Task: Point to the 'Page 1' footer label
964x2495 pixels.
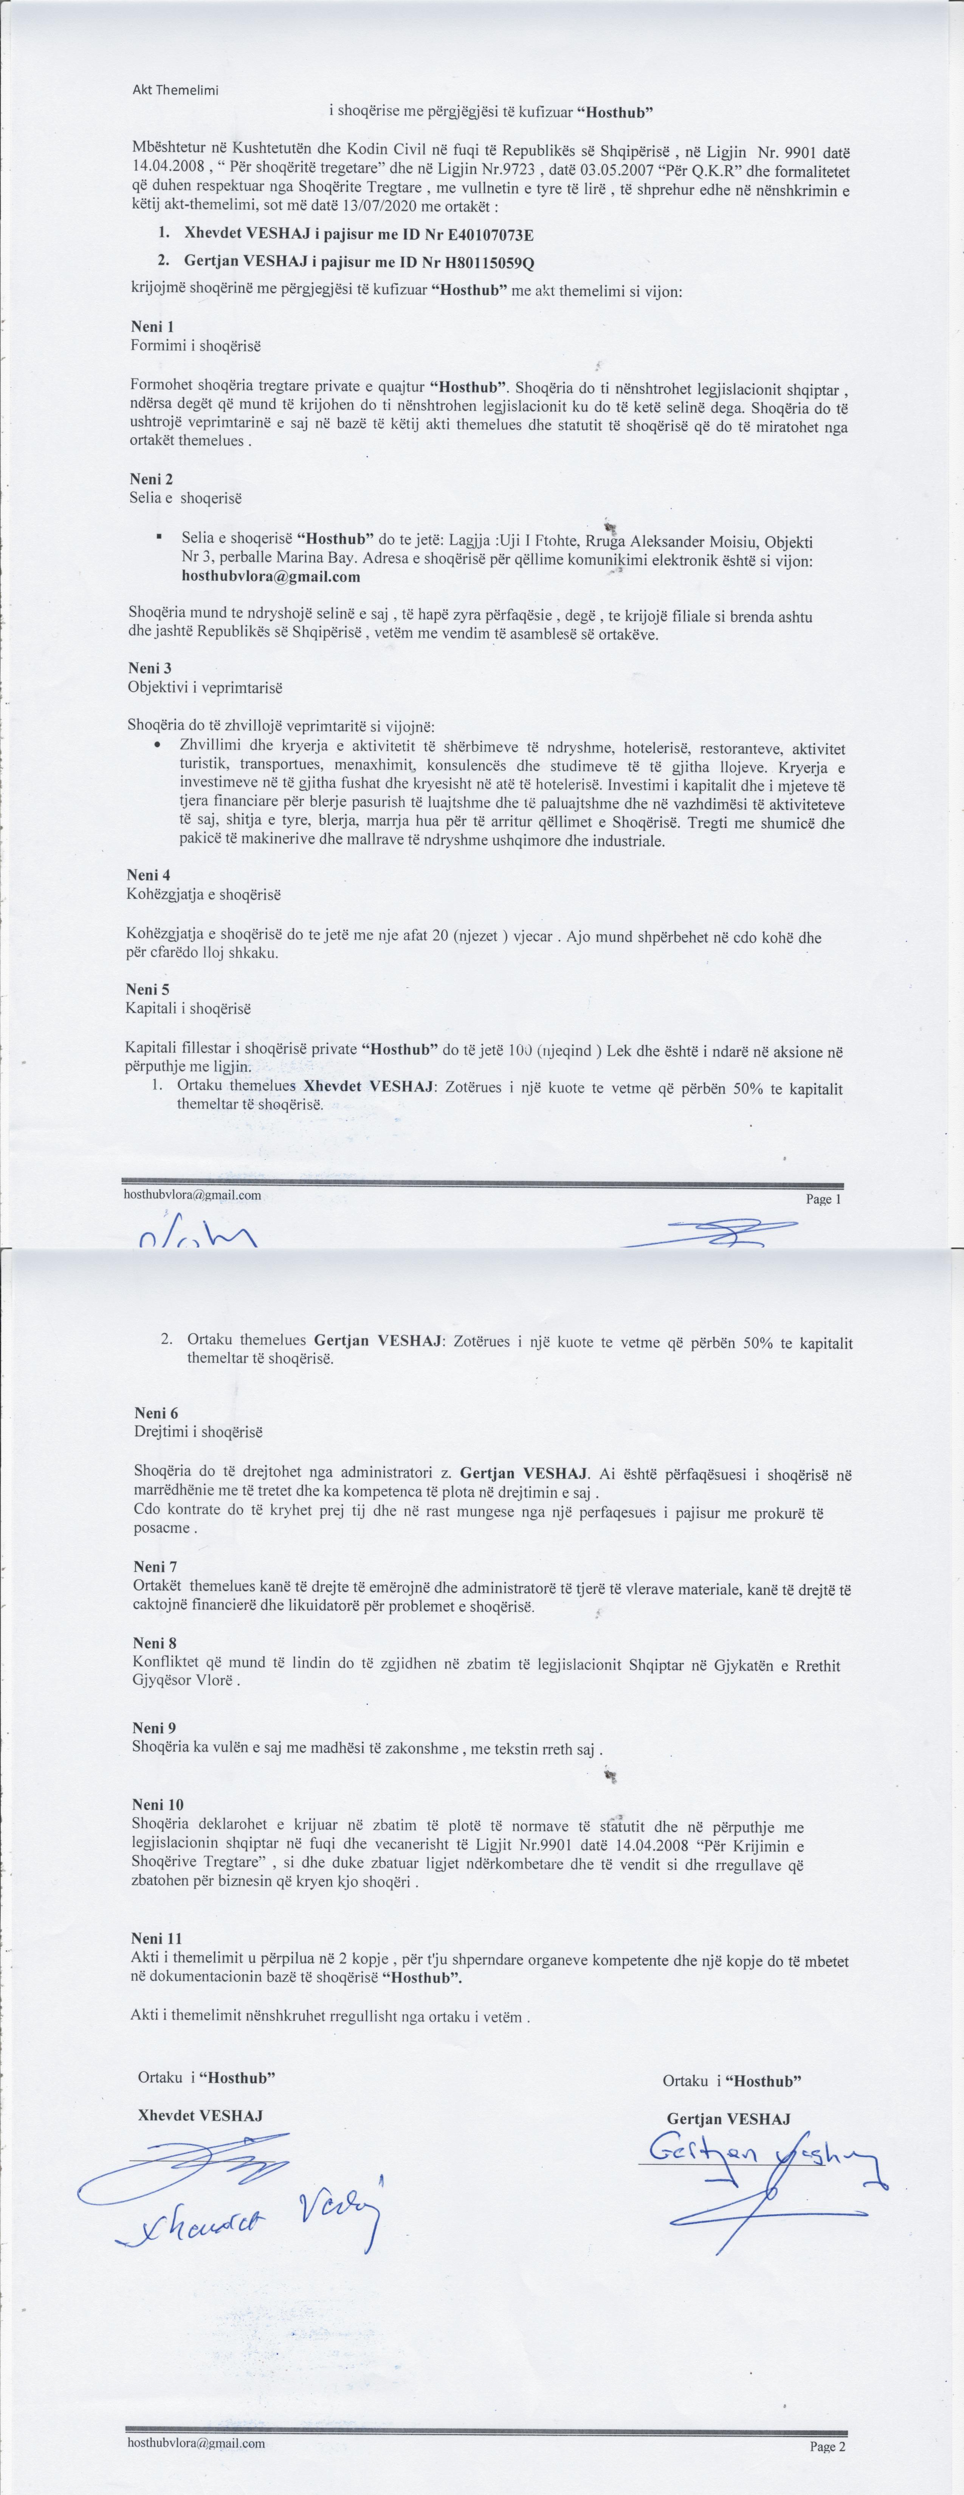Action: [x=823, y=1199]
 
